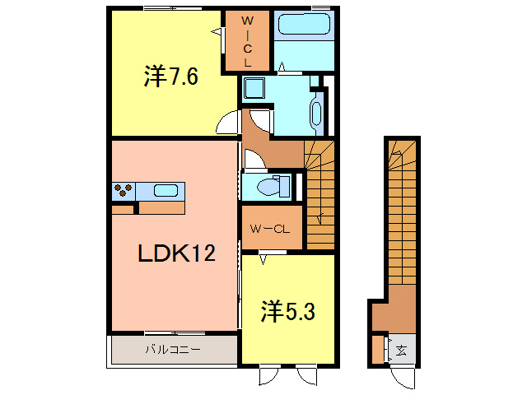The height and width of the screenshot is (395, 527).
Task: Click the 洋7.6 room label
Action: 170,77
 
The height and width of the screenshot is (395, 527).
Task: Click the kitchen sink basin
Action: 166,191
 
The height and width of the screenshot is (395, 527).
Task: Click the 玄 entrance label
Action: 401,350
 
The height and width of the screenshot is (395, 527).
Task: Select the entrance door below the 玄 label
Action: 403,375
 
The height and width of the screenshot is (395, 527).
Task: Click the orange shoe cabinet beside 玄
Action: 377,349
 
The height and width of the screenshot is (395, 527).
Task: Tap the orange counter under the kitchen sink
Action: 162,207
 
